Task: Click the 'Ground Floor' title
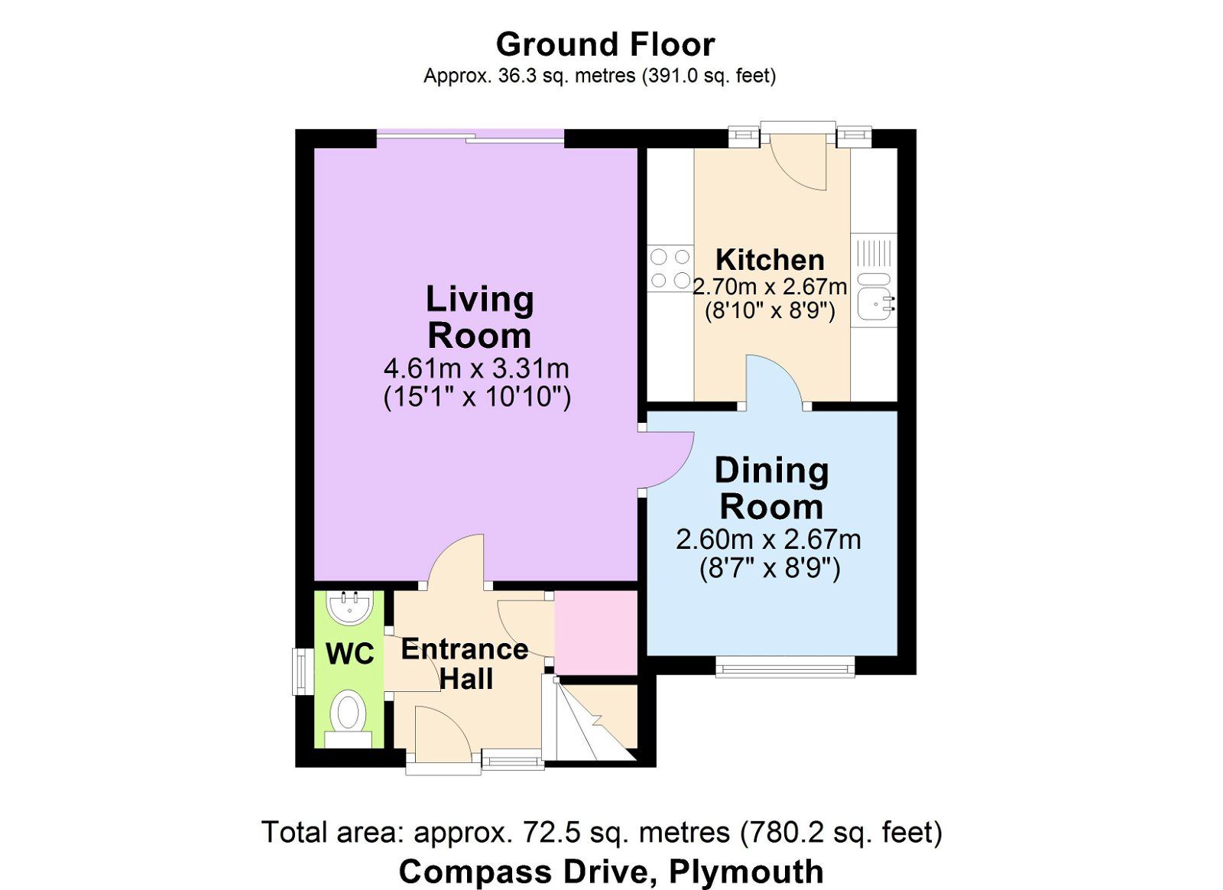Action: [x=605, y=45]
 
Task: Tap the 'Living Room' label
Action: [x=479, y=317]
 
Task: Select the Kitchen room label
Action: [x=770, y=260]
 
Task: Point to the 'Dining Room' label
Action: [x=771, y=489]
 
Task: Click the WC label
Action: [x=350, y=654]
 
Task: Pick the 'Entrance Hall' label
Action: [x=466, y=664]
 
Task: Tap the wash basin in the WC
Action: [x=350, y=606]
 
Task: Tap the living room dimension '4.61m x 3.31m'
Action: [x=477, y=369]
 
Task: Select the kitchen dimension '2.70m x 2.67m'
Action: [x=770, y=287]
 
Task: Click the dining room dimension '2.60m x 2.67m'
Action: [x=769, y=540]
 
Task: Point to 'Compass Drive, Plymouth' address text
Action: [x=611, y=872]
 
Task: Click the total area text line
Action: [x=603, y=833]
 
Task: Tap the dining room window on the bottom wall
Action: [x=786, y=667]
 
